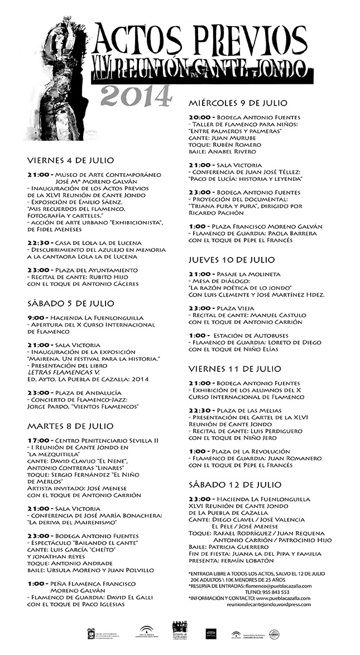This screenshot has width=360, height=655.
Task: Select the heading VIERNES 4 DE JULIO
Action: pos(70,160)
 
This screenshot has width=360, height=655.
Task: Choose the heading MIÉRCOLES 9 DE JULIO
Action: pos(246,103)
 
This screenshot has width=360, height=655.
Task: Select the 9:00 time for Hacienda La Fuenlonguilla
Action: pos(35,318)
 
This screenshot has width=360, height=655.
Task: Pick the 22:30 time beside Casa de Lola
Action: pos(39,242)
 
